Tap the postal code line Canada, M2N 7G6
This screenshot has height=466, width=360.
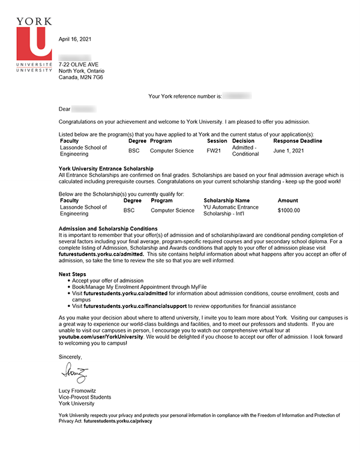tap(81, 77)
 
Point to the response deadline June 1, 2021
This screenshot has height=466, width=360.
tap(289, 151)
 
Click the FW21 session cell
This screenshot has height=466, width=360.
tap(214, 151)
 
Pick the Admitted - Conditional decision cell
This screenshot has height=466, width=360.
tap(245, 151)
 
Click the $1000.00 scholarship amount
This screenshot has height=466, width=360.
tap(289, 211)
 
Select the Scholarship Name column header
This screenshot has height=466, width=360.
tap(227, 201)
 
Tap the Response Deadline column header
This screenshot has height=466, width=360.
tap(298, 141)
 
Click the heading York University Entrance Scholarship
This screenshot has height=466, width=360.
tap(106, 168)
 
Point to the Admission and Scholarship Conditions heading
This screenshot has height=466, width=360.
tap(109, 229)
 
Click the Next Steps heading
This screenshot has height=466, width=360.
tap(73, 274)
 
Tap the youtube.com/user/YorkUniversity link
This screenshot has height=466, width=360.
tap(101, 338)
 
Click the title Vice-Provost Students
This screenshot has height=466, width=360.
tap(85, 397)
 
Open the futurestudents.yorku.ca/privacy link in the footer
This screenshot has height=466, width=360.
tap(118, 422)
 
